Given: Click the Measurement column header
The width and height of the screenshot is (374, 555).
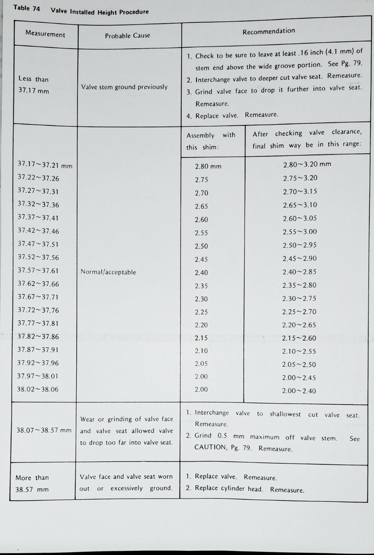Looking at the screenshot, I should pos(45,35).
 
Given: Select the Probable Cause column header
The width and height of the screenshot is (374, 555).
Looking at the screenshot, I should pos(127,36).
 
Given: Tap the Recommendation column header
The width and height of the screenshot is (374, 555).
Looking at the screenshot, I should pos(269,31).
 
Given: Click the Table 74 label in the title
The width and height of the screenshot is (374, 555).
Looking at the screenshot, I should pos(26,8).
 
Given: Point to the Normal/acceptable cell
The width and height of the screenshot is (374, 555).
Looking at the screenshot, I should pos(108,272).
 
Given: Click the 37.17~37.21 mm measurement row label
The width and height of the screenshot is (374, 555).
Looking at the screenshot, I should pos(44,165).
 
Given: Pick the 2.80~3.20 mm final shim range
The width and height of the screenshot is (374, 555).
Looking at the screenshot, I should pos(307,164).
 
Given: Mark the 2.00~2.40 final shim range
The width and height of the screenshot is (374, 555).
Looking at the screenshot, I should pos(299,391).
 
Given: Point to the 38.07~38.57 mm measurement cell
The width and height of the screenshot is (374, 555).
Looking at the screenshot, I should pos(44,430).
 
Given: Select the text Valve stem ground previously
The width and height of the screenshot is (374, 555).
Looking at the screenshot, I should pos(124,87).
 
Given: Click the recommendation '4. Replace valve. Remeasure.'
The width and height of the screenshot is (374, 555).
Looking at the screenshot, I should pos(232,116).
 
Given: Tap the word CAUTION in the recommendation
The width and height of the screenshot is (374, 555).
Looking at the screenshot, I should pos(209,448).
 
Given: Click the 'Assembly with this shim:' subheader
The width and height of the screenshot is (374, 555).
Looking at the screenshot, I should pos(211,141).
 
